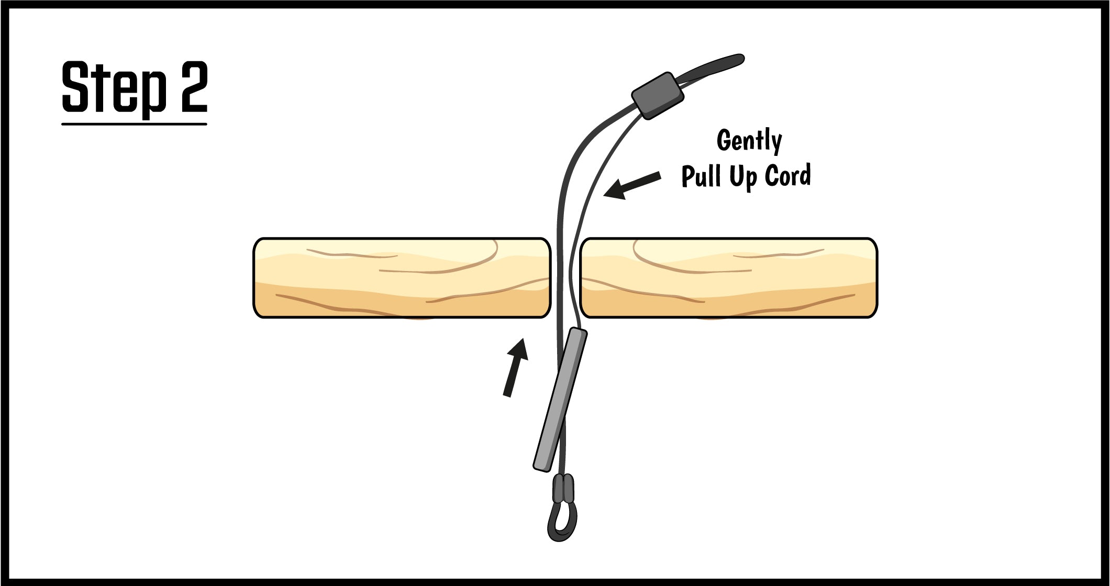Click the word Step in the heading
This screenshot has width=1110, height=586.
point(114,87)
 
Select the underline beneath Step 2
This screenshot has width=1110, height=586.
point(134,124)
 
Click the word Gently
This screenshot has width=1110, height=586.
point(749,141)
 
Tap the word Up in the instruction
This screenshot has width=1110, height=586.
point(743,177)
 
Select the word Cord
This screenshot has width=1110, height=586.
point(788,175)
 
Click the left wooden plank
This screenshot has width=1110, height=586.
point(402,278)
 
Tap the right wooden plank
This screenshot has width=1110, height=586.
point(729,278)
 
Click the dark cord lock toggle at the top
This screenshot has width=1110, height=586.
point(658,95)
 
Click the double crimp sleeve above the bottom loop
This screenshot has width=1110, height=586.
point(563,488)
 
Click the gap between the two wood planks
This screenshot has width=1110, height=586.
point(565,278)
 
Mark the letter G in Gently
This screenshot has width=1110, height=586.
point(725,140)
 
